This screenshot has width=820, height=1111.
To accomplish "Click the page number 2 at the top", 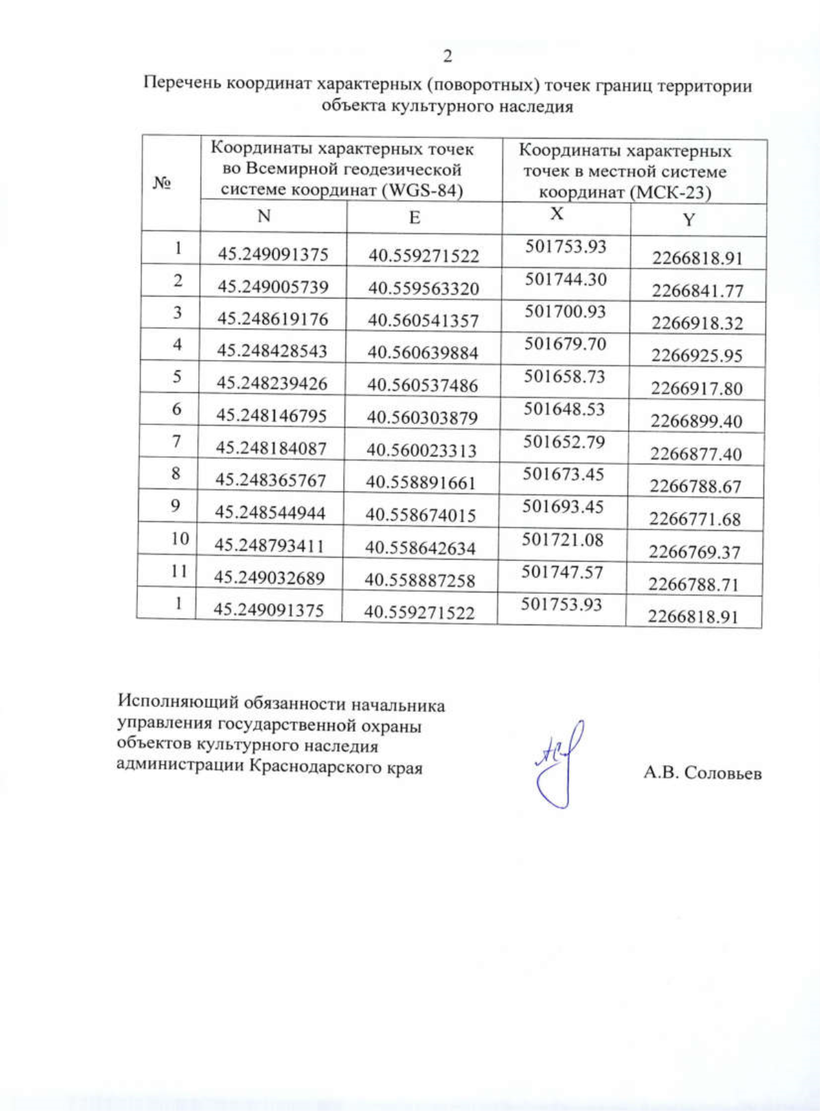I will click(448, 56).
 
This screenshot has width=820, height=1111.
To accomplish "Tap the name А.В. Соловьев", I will click(702, 773).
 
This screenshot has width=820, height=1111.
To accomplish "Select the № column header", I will click(162, 182).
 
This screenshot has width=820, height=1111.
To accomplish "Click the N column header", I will click(264, 216).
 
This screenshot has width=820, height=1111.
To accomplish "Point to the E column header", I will click(414, 217).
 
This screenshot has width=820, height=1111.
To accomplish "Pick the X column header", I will click(557, 214).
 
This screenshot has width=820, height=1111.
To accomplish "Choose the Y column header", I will click(689, 219).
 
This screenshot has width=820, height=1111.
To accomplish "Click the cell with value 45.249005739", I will click(273, 286).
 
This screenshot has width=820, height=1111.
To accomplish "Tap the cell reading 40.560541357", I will click(423, 320).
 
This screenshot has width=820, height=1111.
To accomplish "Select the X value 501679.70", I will click(565, 344).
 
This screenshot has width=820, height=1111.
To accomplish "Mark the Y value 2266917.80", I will click(696, 388).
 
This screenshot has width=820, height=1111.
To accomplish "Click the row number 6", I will click(177, 409).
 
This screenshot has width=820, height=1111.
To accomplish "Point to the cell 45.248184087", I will click(271, 448).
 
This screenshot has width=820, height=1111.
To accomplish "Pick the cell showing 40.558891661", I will click(420, 482).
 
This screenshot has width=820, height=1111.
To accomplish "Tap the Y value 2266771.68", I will click(695, 519).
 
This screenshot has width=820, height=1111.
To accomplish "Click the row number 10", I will click(180, 538).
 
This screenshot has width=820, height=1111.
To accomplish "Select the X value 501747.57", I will click(562, 572).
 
